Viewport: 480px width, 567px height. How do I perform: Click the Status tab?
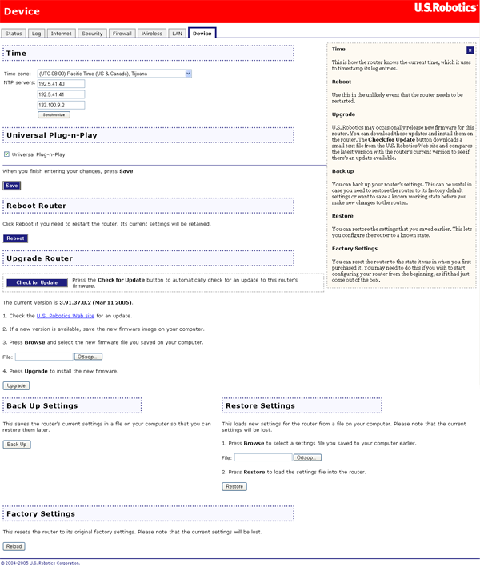14,34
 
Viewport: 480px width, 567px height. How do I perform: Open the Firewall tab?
122,34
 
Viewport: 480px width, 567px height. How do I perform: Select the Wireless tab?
151,34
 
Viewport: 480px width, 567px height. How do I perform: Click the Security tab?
92,34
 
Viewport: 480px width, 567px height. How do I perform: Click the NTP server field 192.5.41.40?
61,83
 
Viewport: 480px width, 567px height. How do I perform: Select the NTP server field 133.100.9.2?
61,104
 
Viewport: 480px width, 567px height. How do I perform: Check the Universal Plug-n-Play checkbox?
6,154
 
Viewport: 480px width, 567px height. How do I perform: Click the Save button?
11,186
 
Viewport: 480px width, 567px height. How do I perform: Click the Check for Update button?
37,282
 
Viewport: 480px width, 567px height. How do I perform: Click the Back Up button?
16,444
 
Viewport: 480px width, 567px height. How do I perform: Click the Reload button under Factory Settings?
14,546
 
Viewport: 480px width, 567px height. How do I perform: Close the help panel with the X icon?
470,50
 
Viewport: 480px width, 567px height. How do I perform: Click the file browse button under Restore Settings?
307,457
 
